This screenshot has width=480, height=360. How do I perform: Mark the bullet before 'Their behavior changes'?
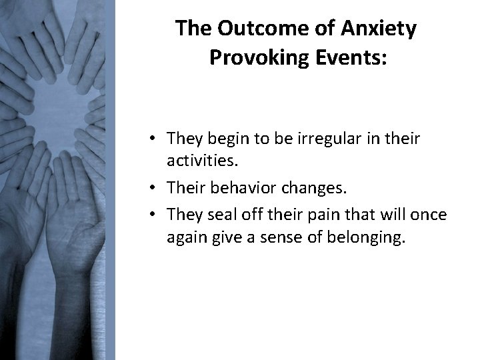tap(153, 189)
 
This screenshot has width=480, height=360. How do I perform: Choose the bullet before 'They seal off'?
tap(153, 215)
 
